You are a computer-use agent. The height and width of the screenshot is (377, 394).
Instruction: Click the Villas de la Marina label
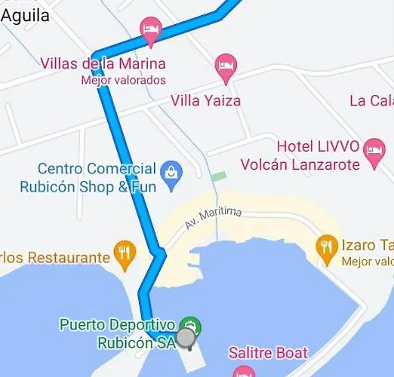click(x=103, y=64)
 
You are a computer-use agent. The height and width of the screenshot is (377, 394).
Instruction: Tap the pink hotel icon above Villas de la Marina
click(x=151, y=31)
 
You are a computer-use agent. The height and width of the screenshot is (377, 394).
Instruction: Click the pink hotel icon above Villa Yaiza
click(x=225, y=66)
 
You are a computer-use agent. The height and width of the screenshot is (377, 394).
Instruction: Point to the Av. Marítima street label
click(x=213, y=218)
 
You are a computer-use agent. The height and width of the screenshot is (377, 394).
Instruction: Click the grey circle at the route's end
click(x=186, y=339)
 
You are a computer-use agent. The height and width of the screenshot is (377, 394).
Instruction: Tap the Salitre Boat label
click(x=268, y=353)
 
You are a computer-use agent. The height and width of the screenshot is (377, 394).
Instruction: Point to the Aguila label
click(x=26, y=14)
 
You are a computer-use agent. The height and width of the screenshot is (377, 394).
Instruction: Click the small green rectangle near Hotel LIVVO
click(x=218, y=176)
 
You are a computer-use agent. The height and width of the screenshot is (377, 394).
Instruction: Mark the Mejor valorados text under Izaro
click(x=368, y=262)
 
